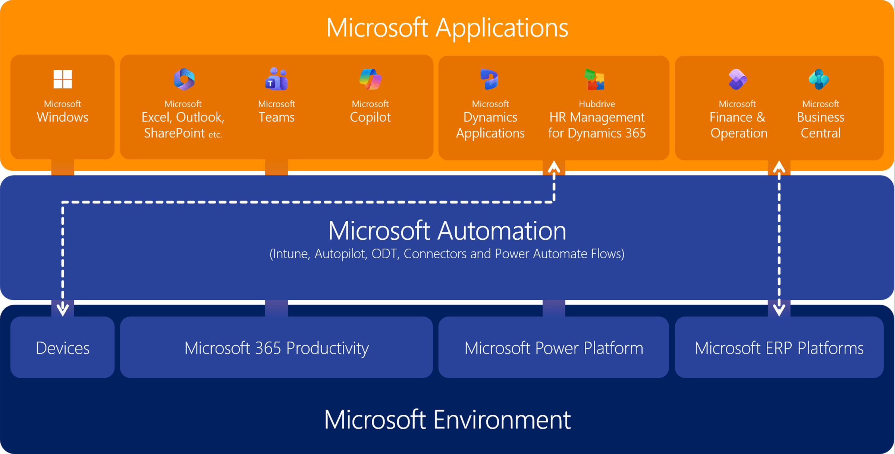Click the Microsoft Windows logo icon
[x=62, y=79]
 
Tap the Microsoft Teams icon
[x=276, y=79]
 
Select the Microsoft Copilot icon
[x=370, y=79]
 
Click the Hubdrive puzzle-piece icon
[x=595, y=80]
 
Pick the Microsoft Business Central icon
[x=819, y=79]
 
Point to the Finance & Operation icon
[x=737, y=79]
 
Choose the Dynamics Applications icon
[x=489, y=79]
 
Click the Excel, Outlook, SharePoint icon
[x=184, y=79]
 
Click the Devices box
[x=62, y=348]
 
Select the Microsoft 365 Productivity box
[x=276, y=348]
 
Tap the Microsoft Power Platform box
[x=554, y=348]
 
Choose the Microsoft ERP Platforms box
[x=779, y=348]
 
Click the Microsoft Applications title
[x=447, y=28]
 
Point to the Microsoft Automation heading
[x=447, y=230]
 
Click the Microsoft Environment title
[x=447, y=420]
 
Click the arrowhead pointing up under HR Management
[x=554, y=166]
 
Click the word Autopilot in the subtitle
[x=339, y=254]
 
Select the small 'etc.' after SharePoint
[x=215, y=134]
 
